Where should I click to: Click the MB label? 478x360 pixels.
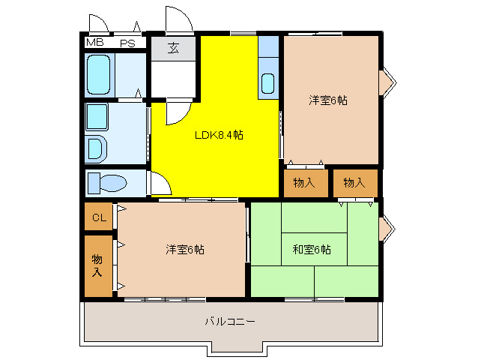click(x=95, y=43)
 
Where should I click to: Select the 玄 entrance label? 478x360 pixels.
click(x=174, y=49)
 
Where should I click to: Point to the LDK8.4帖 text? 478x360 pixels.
click(x=219, y=135)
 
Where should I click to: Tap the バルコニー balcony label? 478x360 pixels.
click(x=230, y=321)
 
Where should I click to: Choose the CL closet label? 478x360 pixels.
click(x=98, y=218)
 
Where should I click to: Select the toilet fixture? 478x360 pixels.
click(x=104, y=183)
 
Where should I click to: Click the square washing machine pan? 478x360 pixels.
click(x=97, y=117)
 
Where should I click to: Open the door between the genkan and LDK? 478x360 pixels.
click(x=174, y=112)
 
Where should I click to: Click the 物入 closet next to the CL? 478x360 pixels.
click(x=98, y=265)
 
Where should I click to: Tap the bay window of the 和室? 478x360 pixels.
click(x=386, y=230)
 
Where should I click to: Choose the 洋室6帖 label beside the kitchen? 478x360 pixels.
click(x=328, y=100)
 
